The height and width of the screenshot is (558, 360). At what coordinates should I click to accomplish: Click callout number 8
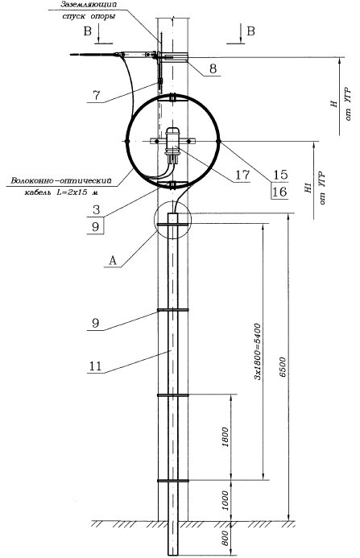(213, 68)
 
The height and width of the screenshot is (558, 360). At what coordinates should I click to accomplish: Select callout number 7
(96, 95)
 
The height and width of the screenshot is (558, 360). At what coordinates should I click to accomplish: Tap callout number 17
(242, 175)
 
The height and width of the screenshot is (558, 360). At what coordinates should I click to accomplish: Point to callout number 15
(280, 175)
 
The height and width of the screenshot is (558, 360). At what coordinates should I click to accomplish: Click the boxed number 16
(279, 192)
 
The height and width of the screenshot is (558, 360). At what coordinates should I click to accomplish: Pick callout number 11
(95, 366)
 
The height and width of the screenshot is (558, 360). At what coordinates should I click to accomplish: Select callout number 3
(96, 210)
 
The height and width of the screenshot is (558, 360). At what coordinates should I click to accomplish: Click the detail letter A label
(112, 261)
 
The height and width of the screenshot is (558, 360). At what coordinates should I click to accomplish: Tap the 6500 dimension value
(283, 367)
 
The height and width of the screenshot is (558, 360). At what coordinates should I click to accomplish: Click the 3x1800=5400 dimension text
(258, 352)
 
